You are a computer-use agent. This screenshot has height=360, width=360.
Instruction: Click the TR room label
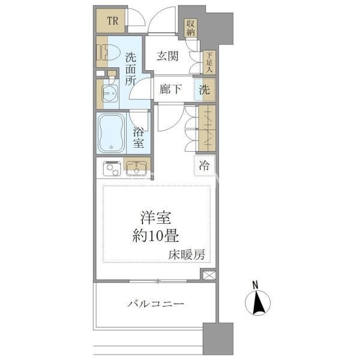click(113, 21)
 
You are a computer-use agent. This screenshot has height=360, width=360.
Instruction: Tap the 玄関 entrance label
click(167, 56)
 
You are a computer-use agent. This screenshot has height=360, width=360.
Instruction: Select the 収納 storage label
click(191, 28)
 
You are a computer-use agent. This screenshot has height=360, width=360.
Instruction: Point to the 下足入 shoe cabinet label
click(209, 62)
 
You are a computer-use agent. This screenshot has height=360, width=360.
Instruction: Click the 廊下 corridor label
click(171, 89)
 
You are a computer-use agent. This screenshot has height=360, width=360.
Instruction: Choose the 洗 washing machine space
click(205, 89)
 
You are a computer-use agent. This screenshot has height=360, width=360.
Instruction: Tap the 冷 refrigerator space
click(205, 166)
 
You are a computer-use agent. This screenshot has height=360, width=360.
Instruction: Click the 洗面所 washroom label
click(131, 70)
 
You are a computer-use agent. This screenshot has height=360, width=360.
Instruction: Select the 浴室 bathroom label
click(139, 137)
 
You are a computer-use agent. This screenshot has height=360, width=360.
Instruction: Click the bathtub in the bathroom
click(112, 133)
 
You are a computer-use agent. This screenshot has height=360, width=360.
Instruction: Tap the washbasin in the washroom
click(110, 93)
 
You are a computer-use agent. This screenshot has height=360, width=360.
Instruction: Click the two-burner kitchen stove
click(112, 169)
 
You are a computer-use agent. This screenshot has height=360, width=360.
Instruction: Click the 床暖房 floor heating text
click(187, 254)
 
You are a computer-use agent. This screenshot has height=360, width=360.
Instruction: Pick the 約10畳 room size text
click(155, 236)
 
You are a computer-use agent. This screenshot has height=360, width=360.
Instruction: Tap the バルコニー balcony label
click(156, 304)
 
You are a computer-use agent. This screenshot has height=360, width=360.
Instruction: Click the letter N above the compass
click(256, 285)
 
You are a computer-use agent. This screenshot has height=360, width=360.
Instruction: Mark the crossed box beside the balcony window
click(209, 275)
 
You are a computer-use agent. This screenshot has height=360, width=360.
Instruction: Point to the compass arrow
click(259, 302)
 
